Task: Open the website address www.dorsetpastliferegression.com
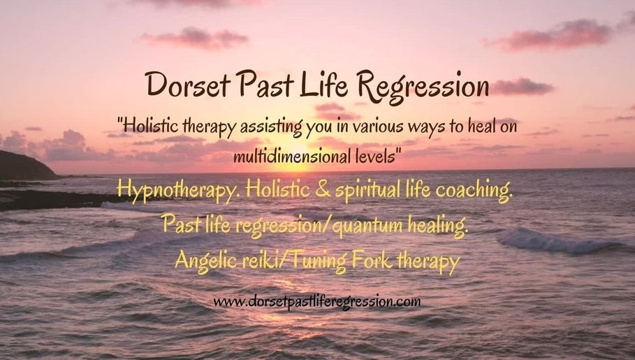pyautogui.click(x=317, y=302)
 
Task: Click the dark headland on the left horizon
pyautogui.click(x=24, y=166)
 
